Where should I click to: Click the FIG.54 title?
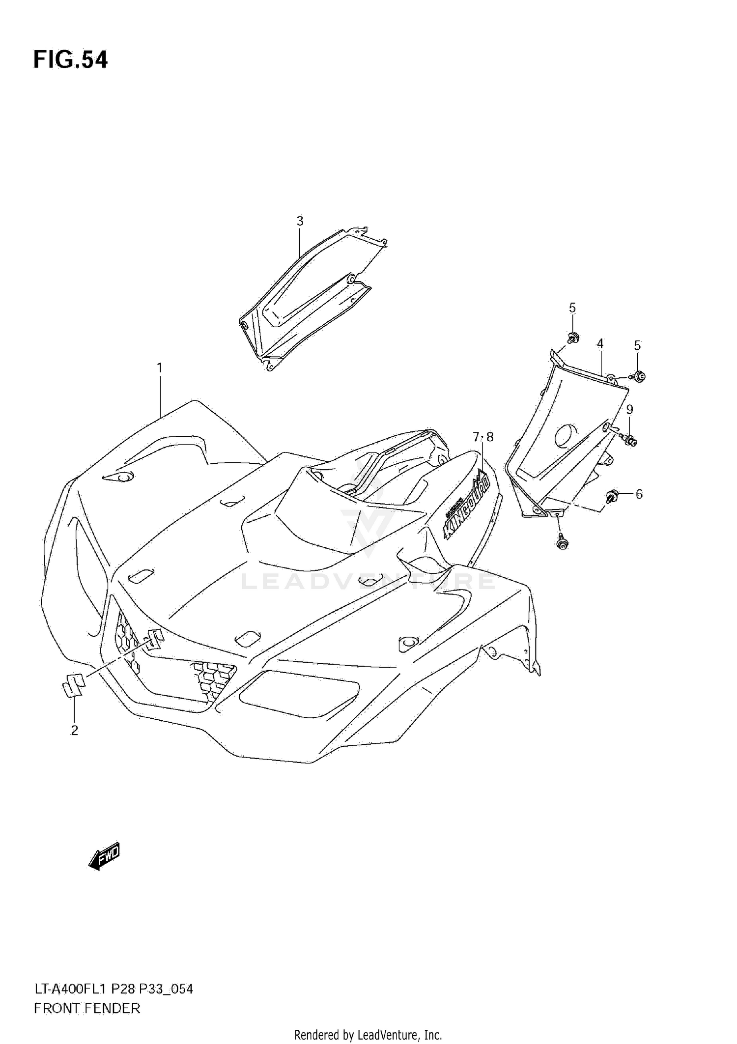coord(70,60)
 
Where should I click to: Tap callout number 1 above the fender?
coord(159,367)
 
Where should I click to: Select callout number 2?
coord(74,731)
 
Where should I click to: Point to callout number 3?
coord(300,221)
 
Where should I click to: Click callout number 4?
coord(600,343)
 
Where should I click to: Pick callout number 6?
coord(639,494)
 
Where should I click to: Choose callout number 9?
coord(629,409)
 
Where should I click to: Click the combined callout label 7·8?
coord(482,437)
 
